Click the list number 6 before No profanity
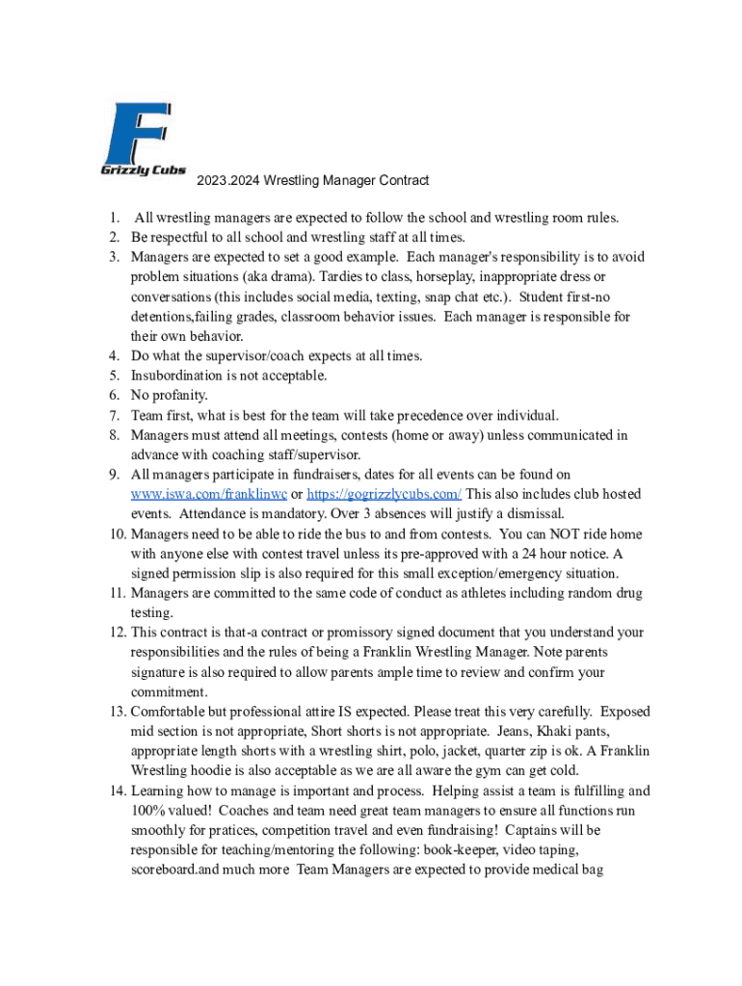(x=114, y=395)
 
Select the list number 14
(x=117, y=791)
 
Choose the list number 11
(x=117, y=593)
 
